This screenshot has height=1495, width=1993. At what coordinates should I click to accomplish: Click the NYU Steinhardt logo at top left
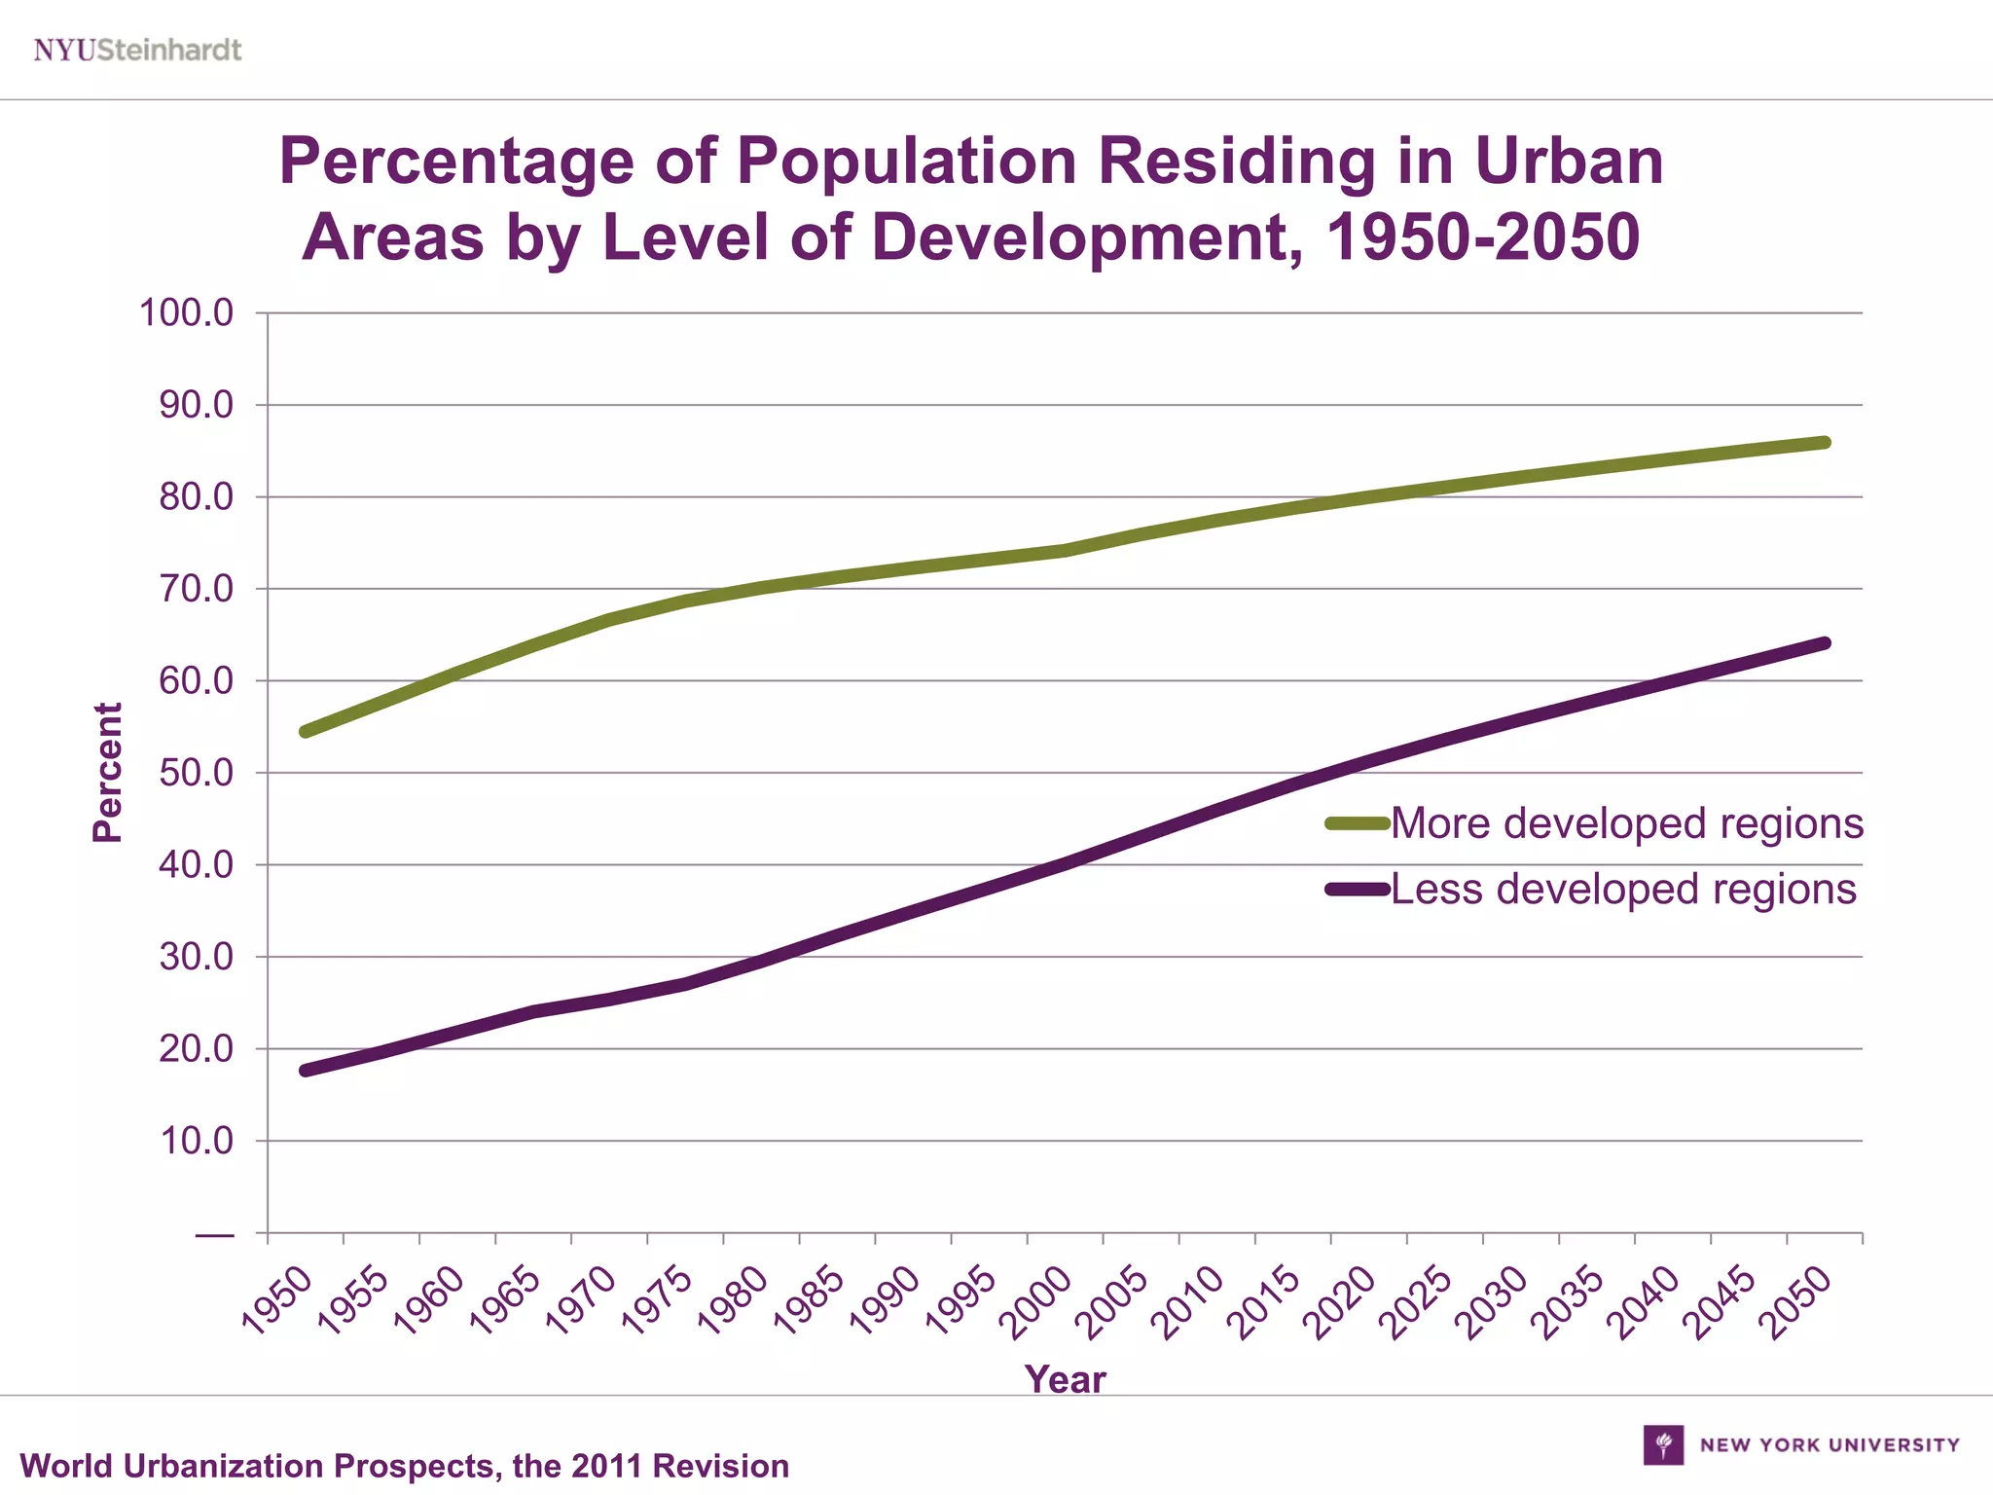coord(137,50)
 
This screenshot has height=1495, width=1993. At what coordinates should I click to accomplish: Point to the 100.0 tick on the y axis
coord(186,313)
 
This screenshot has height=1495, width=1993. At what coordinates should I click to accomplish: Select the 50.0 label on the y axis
coord(196,773)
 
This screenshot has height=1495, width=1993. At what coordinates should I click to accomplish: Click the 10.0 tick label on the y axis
coord(196,1141)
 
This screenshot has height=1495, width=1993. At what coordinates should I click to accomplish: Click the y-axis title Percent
coord(108,772)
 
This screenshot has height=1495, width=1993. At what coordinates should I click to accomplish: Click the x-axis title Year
coord(1065,1379)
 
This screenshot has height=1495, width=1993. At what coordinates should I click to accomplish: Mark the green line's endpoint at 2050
coord(1825,443)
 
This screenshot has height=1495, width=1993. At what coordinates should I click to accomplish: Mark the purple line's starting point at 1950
coord(306,1071)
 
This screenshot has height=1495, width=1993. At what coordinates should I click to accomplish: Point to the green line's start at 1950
coord(306,731)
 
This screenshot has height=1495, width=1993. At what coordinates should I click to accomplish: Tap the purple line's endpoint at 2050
coord(1825,643)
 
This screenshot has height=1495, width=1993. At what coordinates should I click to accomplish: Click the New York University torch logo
coord(1663,1444)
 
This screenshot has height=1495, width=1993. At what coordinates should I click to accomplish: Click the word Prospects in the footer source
coord(414,1466)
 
